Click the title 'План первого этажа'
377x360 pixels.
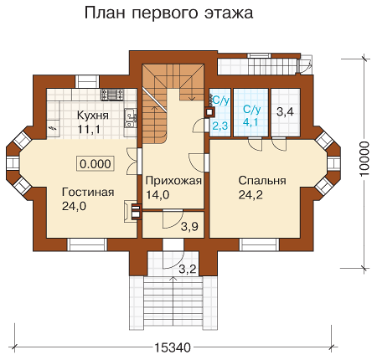[x=168, y=13]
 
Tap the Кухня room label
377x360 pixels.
[x=93, y=116]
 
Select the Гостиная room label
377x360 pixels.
[x=88, y=193]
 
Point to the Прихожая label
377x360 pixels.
[x=173, y=181]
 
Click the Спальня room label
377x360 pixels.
[x=262, y=181]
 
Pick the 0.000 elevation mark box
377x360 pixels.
[x=96, y=163]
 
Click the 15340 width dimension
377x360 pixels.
[x=173, y=347]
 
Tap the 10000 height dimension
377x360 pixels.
[x=364, y=159]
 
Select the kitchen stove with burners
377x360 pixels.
[x=112, y=95]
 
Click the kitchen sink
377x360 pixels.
[x=130, y=118]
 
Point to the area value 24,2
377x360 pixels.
[x=250, y=195]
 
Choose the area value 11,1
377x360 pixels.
[x=89, y=130]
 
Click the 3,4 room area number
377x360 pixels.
[x=285, y=112]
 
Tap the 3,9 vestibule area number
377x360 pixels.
[x=189, y=227]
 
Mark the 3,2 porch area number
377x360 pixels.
[x=188, y=270]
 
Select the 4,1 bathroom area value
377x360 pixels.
[x=250, y=122]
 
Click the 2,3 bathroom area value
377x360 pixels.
[x=219, y=126]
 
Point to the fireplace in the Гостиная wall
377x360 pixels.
[x=133, y=212]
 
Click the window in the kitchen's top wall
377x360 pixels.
[x=87, y=82]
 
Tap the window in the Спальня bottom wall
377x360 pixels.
[x=260, y=244]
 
